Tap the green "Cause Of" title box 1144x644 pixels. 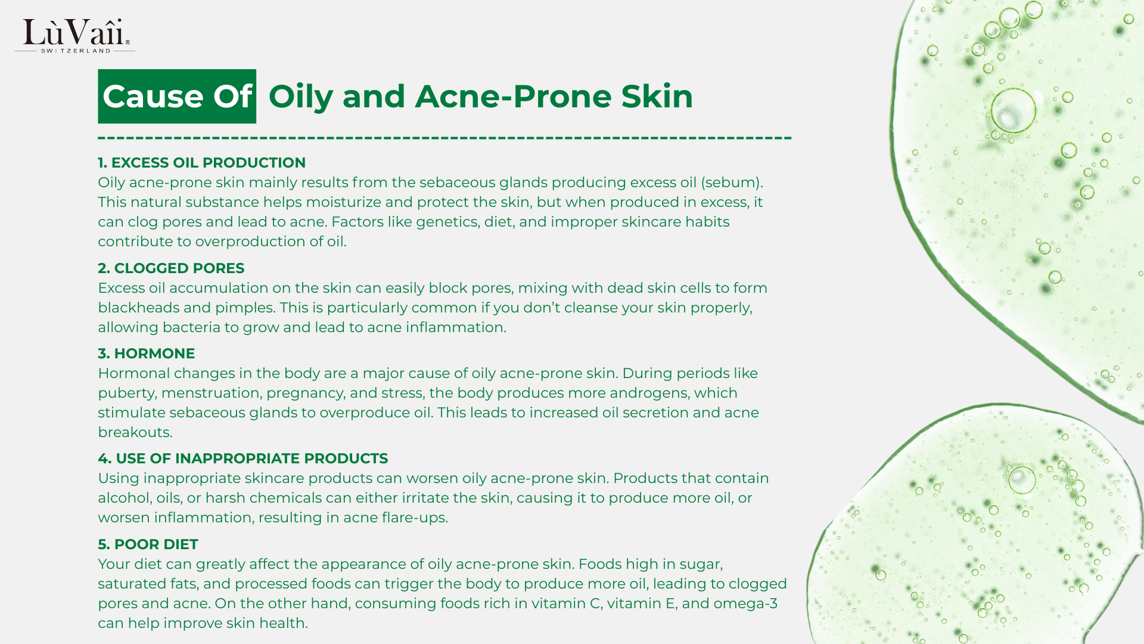(177, 96)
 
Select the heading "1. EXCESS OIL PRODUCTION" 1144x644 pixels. (201, 163)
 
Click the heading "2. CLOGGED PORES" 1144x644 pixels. (171, 268)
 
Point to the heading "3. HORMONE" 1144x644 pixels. (146, 354)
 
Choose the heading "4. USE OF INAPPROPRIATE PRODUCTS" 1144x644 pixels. (243, 459)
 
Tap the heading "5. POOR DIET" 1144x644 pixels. (148, 544)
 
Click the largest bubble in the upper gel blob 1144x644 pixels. (1013, 111)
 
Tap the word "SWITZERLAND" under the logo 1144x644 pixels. (76, 51)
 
